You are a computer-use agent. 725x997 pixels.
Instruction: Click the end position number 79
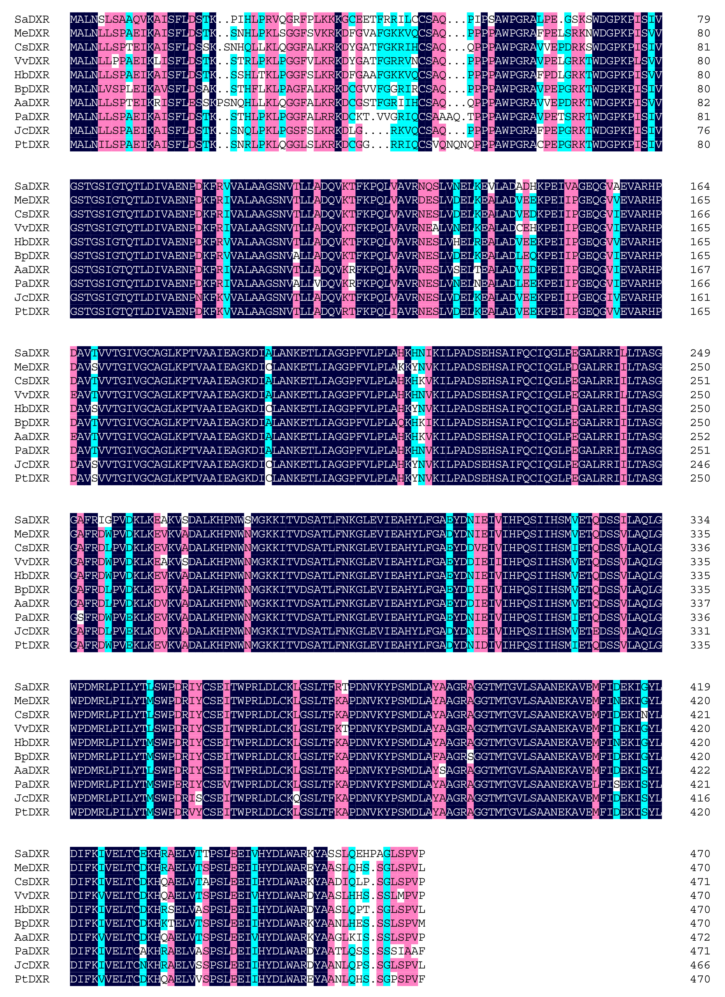pos(703,19)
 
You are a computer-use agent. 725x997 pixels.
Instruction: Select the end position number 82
pos(703,103)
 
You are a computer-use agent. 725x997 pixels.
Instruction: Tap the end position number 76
pos(703,131)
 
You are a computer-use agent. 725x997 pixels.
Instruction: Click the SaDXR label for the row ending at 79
pos(32,19)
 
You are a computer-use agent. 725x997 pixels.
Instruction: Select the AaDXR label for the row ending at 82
pos(32,103)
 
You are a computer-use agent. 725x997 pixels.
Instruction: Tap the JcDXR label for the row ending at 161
pos(32,297)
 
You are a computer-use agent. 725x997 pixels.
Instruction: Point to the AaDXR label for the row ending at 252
pos(32,436)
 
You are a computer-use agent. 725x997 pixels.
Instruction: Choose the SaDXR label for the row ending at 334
pos(32,520)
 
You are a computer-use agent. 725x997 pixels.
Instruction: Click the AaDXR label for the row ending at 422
pos(32,771)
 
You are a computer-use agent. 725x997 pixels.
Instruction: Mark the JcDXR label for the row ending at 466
pos(32,965)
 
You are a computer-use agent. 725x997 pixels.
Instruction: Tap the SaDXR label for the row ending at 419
pos(32,687)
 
